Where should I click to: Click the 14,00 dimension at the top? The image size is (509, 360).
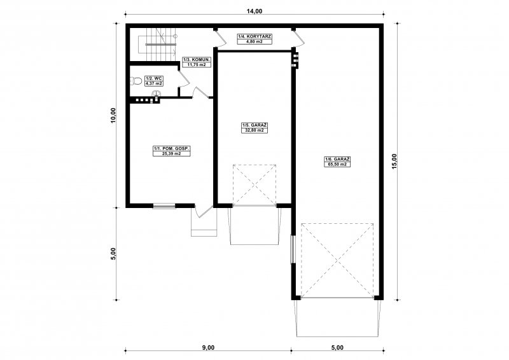tap(254, 11)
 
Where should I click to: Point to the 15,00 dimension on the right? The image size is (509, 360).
tap(394, 162)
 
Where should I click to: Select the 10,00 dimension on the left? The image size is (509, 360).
tap(113, 116)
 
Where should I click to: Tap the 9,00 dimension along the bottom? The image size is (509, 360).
tap(209, 348)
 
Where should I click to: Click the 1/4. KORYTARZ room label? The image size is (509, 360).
tap(254, 37)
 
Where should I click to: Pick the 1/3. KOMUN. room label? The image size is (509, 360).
tap(197, 60)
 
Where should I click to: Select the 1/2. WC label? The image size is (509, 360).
tap(154, 79)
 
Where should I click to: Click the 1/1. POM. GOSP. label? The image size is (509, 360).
tap(172, 149)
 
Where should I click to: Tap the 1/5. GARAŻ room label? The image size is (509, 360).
tap(254, 125)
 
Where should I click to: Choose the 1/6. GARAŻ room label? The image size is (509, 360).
tap(338, 159)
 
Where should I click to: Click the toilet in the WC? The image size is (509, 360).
tap(136, 81)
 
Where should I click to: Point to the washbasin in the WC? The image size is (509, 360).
tap(156, 93)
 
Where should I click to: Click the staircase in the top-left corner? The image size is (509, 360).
tap(158, 45)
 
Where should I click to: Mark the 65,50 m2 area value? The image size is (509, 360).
tap(338, 164)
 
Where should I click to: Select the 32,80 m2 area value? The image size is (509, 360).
tap(254, 130)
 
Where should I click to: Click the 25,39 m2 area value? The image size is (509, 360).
tap(172, 154)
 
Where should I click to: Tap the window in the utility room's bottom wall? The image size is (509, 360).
tap(164, 205)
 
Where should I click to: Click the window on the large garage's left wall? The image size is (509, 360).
tap(293, 249)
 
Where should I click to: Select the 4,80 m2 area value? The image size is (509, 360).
tap(254, 41)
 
